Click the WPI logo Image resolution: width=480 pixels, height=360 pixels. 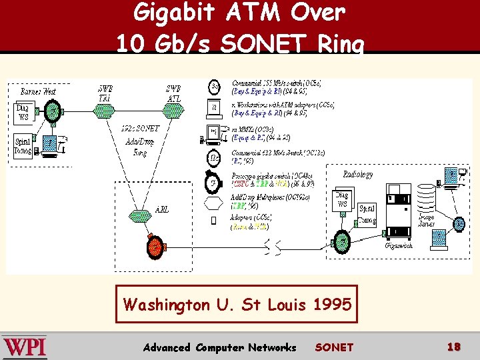coord(25,347)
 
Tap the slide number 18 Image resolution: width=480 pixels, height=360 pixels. coord(454,347)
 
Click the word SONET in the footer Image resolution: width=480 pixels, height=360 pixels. coord(334,347)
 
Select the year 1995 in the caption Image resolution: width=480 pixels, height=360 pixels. coord(330,305)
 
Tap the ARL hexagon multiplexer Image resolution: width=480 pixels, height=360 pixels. coord(140,215)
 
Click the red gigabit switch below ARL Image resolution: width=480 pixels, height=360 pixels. coord(155,247)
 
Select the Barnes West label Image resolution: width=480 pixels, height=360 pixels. coord(38,91)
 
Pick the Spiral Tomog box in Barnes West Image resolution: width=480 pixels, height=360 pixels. coord(23,145)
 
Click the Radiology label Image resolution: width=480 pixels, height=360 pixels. coord(358,174)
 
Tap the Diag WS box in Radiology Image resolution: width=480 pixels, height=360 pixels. coord(341,200)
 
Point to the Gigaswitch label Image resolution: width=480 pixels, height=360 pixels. coord(399,245)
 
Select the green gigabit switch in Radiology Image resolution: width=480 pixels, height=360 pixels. coord(342,239)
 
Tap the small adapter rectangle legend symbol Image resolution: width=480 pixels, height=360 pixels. coord(213,221)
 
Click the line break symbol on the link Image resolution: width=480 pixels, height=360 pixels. coord(273,248)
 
